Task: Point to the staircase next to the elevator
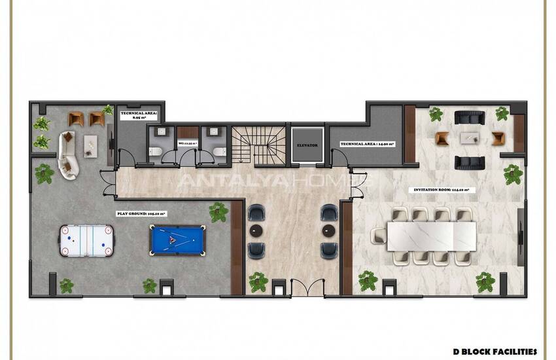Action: [259, 145]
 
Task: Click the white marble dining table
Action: [432, 236]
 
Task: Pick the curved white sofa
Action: [67, 154]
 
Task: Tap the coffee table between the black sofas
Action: [470, 138]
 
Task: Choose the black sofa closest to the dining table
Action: [470, 162]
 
